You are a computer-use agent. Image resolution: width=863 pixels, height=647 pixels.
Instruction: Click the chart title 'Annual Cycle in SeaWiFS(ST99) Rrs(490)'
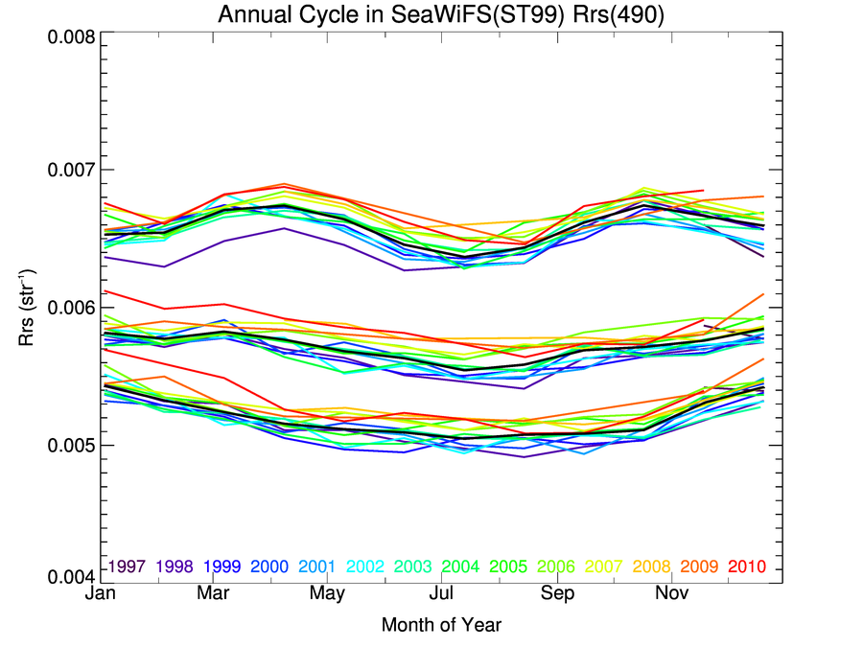point(441,15)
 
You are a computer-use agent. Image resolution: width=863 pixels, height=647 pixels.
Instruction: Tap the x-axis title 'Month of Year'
point(441,626)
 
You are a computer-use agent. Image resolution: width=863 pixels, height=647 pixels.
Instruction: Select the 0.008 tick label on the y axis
point(71,37)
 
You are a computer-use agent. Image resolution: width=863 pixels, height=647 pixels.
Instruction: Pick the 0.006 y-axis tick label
point(71,308)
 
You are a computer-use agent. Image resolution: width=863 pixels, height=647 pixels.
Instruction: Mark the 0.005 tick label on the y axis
point(71,445)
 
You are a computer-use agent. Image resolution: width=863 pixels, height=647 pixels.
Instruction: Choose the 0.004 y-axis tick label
point(71,577)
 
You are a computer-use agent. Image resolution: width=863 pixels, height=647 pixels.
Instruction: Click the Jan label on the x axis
point(101,595)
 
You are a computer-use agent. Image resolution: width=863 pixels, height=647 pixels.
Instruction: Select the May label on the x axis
point(328,595)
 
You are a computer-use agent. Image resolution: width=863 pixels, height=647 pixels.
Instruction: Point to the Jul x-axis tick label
point(441,595)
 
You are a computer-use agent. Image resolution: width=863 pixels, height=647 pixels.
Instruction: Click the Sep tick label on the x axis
point(557,595)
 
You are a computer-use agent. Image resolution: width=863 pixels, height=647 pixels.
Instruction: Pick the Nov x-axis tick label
point(671,595)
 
